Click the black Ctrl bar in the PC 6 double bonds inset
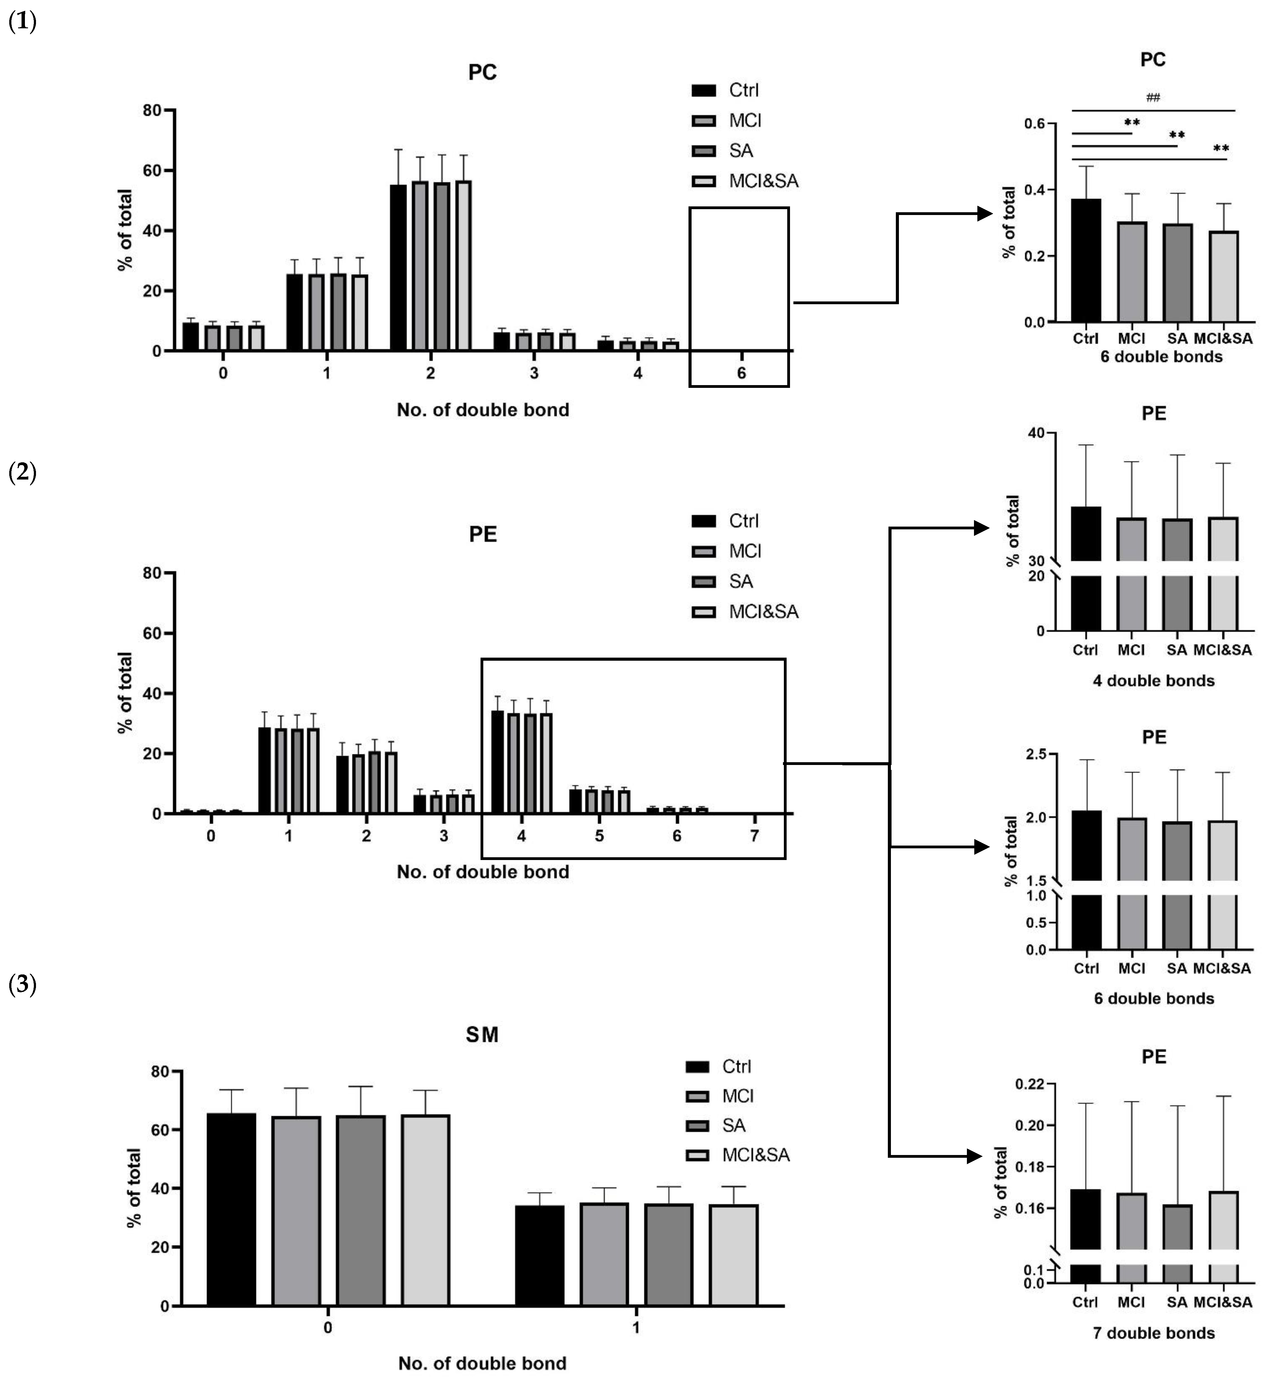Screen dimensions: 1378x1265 (x=1086, y=260)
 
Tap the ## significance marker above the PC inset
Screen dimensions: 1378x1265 (x=1153, y=97)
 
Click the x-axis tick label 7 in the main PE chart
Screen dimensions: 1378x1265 (x=754, y=836)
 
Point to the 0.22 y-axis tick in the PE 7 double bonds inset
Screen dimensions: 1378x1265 (x=1032, y=1084)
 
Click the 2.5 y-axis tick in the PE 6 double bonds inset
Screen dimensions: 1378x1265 (x=1036, y=754)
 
